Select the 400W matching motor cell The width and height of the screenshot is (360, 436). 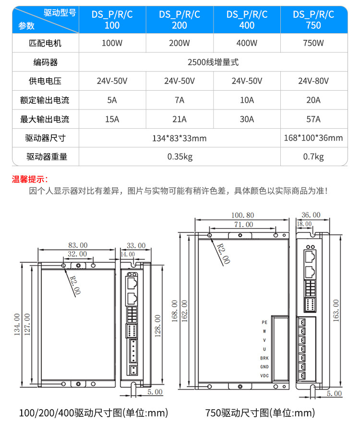(247, 43)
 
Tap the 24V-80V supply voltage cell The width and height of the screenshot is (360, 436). (313, 81)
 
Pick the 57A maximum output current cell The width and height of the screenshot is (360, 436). (313, 119)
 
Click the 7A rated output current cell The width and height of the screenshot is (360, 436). (179, 100)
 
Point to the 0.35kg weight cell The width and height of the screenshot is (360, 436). (179, 157)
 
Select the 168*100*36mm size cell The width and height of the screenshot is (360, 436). (313, 138)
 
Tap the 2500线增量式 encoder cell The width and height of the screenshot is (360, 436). (213, 62)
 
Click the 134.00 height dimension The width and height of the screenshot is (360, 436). (16, 324)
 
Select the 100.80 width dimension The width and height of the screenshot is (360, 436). (242, 215)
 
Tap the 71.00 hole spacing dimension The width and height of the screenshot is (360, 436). (243, 224)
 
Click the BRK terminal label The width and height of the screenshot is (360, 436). (264, 358)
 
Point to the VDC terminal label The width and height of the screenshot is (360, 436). (264, 375)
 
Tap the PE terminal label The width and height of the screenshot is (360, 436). (264, 322)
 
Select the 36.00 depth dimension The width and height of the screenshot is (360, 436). (311, 215)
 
